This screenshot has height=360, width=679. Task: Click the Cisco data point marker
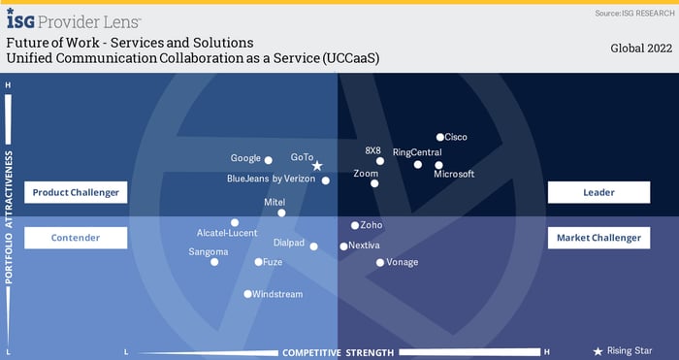[439, 138]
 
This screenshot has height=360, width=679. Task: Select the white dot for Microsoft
[438, 165]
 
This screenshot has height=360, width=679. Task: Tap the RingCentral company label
[417, 152]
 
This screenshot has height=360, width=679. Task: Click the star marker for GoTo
[317, 166]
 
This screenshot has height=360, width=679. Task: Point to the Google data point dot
[269, 160]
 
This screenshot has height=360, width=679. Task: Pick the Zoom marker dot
[374, 183]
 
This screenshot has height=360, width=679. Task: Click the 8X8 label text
[373, 150]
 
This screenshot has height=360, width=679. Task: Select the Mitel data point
[281, 213]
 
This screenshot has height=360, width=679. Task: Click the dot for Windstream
[247, 294]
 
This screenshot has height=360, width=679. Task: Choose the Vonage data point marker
[380, 262]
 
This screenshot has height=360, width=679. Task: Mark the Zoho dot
[355, 225]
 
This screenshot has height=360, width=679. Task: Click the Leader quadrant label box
[598, 192]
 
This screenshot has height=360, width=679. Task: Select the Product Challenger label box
[76, 192]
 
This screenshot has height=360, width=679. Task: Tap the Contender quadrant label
[76, 238]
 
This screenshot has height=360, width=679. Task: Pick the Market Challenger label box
[598, 238]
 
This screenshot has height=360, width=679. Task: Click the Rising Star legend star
[598, 351]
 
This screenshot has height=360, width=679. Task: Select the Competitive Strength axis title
[338, 352]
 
